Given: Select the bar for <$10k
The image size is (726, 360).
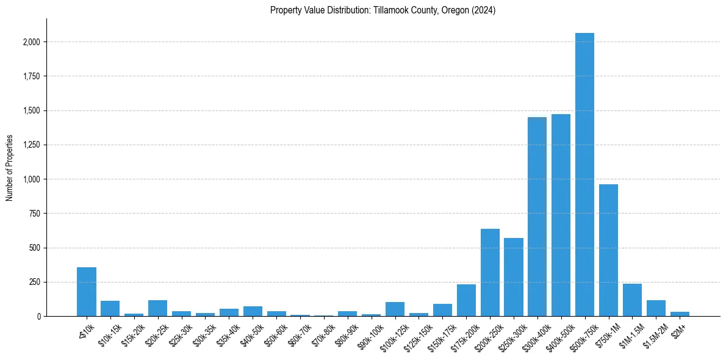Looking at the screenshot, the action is coord(87,292).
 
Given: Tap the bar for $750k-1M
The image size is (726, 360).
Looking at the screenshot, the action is coord(608,250).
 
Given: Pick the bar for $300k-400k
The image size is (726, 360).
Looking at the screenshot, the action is coord(537,217).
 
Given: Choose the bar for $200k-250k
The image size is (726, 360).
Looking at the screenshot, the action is coord(490,272).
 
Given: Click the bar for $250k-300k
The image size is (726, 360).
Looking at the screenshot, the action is coord(514,277).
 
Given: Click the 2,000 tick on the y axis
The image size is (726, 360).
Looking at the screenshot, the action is coord(32,42).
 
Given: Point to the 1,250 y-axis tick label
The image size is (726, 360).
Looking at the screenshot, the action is coord(32,145).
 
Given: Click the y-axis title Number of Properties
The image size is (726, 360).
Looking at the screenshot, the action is coord(9,168).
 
